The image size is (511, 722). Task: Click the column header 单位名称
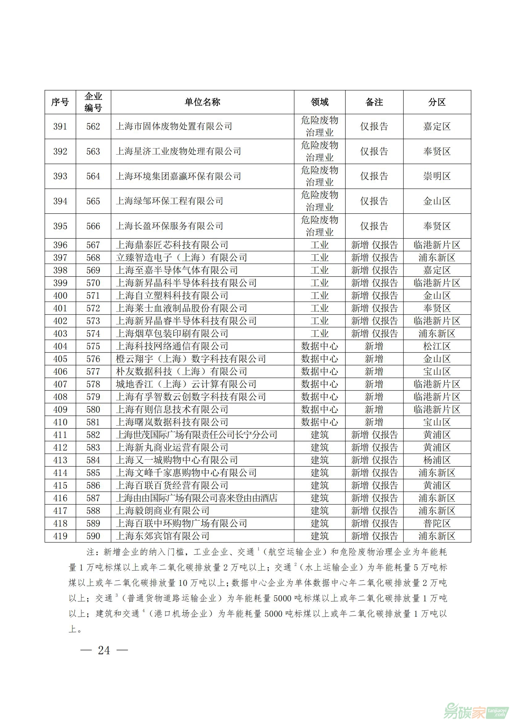point(202,102)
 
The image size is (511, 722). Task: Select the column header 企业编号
point(93,102)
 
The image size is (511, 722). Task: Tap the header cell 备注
point(374,102)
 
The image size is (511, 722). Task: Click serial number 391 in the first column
point(60,127)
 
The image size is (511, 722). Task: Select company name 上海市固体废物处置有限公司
point(174,127)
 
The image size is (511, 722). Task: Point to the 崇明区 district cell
point(437,176)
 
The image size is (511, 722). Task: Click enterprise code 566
point(93,226)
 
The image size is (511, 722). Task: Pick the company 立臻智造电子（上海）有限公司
point(181,257)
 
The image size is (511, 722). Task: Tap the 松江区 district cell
point(437,346)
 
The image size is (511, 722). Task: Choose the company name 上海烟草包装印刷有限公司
point(172,334)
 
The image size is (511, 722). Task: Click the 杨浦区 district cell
point(437,460)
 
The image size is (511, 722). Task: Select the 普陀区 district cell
point(437,523)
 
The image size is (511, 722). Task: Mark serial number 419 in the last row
point(60,536)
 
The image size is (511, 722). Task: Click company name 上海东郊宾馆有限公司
point(163,536)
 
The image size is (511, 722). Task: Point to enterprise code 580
point(93,409)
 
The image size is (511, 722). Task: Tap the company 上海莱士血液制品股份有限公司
point(181,308)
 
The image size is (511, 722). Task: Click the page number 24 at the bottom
point(104,650)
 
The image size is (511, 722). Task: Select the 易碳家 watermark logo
point(475,709)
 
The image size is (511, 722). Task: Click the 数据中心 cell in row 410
point(319,422)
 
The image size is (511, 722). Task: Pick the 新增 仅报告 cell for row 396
point(374,245)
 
